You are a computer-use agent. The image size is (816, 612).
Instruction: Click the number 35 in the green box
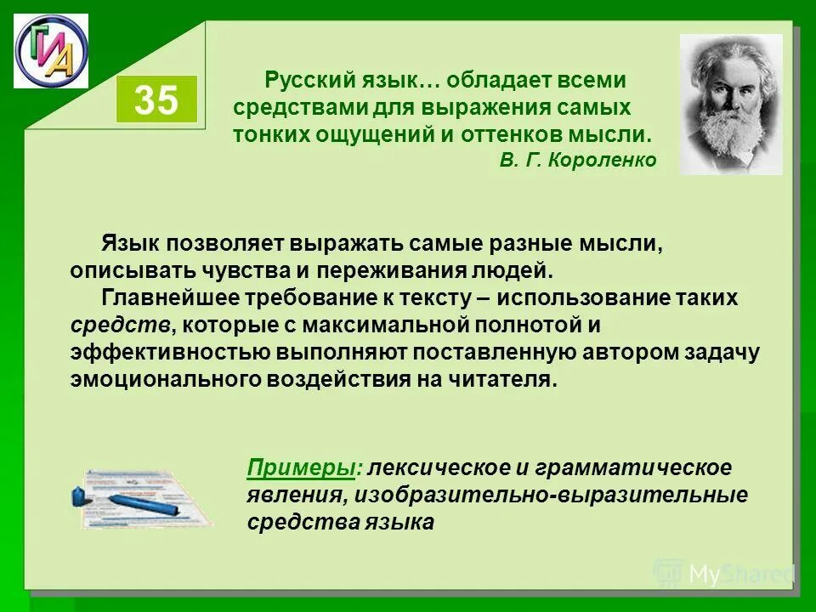pyautogui.click(x=156, y=101)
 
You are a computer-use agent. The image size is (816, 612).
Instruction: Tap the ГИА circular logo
pyautogui.click(x=50, y=51)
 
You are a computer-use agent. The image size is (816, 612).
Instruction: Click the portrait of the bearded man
pyautogui.click(x=731, y=104)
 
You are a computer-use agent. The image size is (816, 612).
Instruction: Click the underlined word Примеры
pyautogui.click(x=300, y=467)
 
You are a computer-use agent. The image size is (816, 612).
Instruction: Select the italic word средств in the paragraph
pyautogui.click(x=119, y=325)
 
